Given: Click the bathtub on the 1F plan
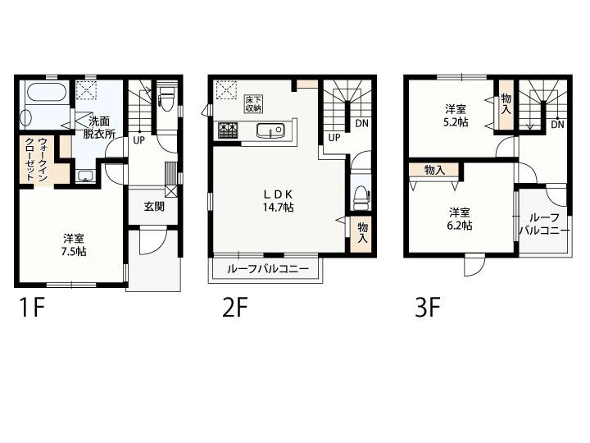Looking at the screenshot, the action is [47, 92].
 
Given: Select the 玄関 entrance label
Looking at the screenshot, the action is [154, 206].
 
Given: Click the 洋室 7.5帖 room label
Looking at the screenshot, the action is [74, 244].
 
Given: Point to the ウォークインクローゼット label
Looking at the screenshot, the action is [37, 159].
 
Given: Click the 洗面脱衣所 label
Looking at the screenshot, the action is [98, 128].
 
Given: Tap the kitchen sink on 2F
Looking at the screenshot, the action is [270, 130].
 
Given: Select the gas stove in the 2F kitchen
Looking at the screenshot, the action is [228, 130].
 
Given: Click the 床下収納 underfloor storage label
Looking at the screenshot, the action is [253, 103].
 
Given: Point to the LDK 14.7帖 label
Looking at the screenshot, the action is [278, 200].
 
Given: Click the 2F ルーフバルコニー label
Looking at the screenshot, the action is [267, 269].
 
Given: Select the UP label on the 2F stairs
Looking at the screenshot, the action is [334, 138].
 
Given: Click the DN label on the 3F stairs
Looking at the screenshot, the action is [558, 124].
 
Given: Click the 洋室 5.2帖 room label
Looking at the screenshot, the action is [456, 116].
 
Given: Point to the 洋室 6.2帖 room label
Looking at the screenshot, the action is [460, 219].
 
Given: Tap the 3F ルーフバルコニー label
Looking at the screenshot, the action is [544, 224].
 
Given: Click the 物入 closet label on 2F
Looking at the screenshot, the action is [362, 233].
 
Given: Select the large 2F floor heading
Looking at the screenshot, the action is [235, 308].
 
